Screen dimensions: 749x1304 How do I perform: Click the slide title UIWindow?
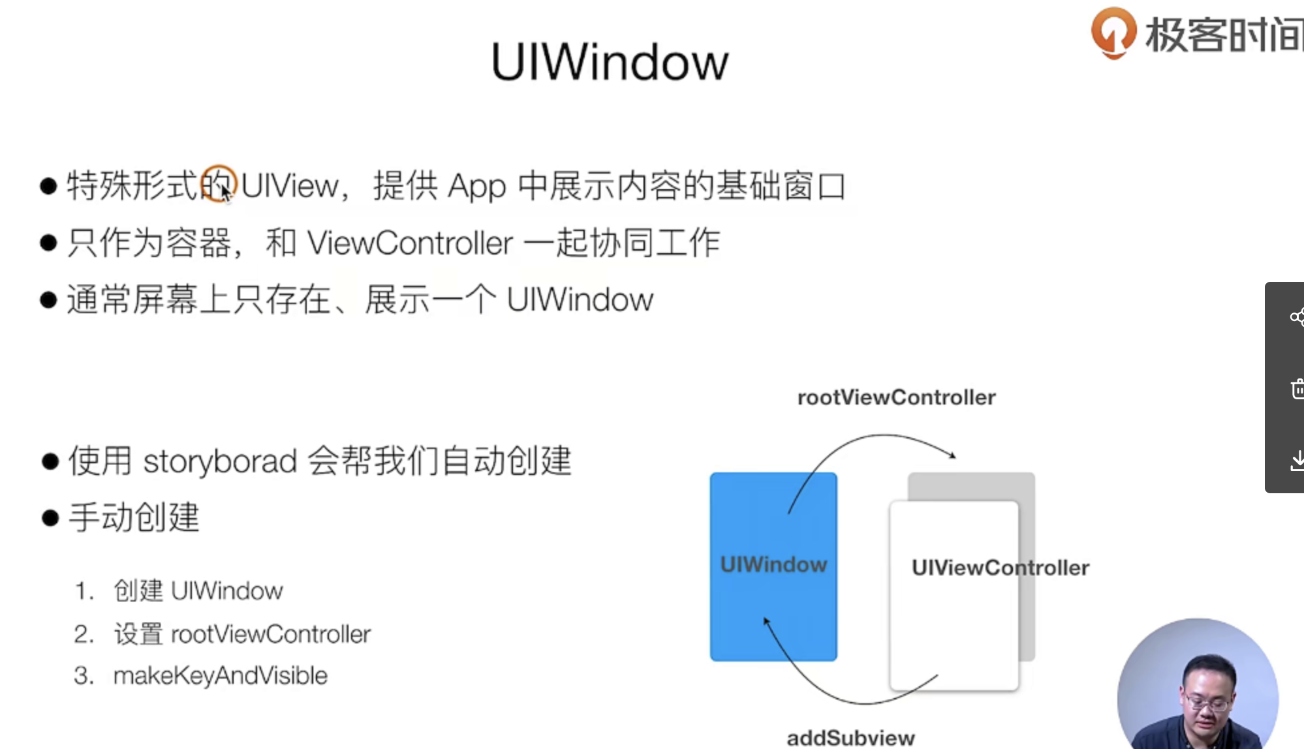610,63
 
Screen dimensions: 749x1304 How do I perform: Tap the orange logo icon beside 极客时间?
1113,33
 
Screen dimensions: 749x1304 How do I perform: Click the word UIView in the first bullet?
290,186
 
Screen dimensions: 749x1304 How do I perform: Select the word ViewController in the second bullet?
410,243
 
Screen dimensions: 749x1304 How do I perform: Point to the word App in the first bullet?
477,187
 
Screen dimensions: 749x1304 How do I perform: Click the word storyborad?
220,461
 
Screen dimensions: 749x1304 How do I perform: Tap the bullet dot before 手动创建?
50,518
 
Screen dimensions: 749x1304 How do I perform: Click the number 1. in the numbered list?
84,591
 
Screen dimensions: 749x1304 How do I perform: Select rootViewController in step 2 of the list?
270,634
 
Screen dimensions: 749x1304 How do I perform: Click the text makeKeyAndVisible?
220,676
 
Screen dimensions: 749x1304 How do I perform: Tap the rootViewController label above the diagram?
896,397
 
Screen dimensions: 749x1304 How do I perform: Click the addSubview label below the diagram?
850,738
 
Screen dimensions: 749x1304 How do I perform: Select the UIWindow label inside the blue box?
773,565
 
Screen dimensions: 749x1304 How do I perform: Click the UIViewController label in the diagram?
1000,568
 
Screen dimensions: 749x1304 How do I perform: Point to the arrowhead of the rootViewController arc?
953,455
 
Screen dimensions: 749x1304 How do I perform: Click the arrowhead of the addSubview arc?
767,621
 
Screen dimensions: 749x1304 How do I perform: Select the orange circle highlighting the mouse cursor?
218,184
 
